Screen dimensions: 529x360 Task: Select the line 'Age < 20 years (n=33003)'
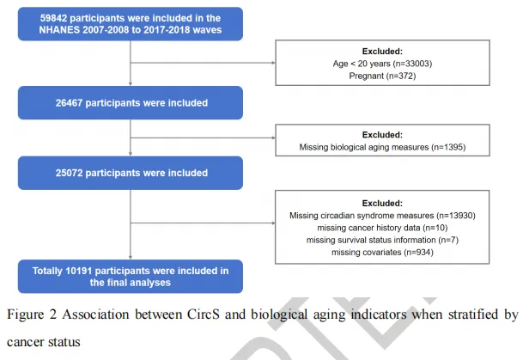[x=382, y=64]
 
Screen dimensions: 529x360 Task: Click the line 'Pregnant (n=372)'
[x=382, y=76]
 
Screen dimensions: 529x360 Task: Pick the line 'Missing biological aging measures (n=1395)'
[x=382, y=147]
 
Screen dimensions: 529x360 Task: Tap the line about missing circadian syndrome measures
[x=382, y=216]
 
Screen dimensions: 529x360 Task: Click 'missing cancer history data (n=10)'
[x=382, y=228]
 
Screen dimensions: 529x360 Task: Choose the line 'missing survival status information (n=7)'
[x=382, y=240]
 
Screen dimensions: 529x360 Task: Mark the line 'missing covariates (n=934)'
[x=382, y=253]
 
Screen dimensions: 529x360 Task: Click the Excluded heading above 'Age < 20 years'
[x=382, y=52]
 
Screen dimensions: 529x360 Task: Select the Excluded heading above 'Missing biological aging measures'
[x=382, y=135]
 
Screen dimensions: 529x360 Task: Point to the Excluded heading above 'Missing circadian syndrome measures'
[x=382, y=204]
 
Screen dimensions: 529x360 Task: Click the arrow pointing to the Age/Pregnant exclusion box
[x=203, y=63]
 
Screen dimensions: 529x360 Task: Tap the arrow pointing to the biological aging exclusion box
[x=203, y=137]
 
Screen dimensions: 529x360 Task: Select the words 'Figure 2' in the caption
[x=32, y=314]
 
